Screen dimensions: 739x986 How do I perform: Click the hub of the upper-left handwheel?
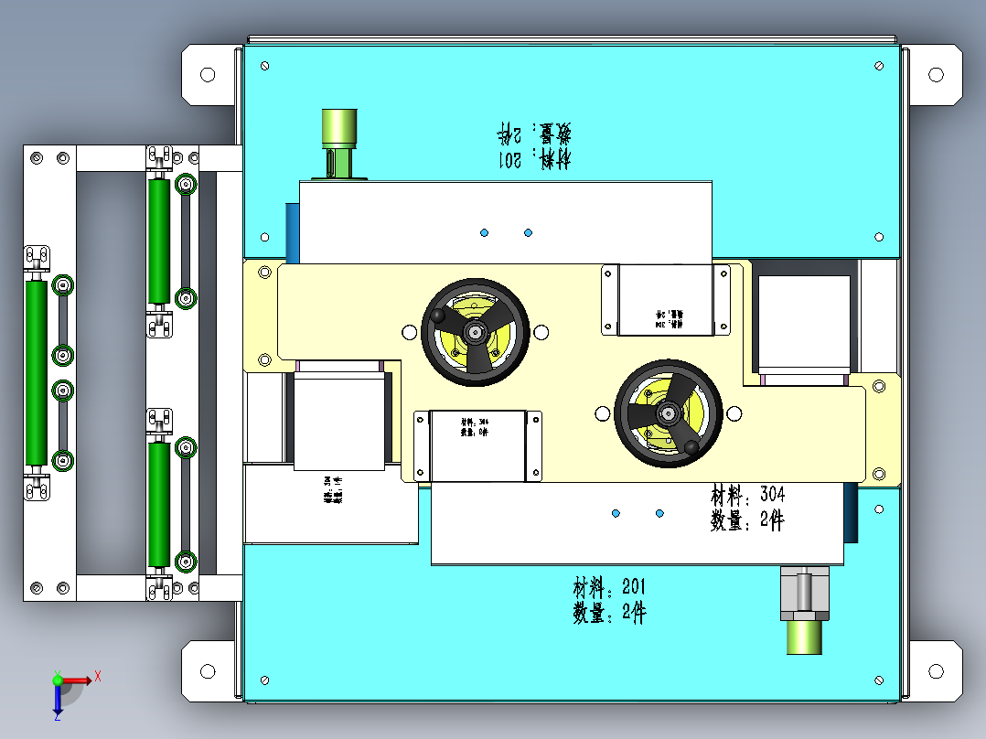tap(475, 331)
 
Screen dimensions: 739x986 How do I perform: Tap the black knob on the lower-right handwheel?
tap(691, 446)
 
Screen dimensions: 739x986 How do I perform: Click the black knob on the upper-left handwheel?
tap(441, 315)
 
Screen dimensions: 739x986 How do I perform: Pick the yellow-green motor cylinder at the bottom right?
tap(805, 637)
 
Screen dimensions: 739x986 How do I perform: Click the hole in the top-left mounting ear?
tap(207, 74)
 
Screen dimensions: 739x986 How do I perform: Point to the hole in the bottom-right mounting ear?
tap(936, 672)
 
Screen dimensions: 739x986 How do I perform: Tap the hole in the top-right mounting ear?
tap(936, 74)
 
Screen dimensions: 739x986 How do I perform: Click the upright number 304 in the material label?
tap(771, 496)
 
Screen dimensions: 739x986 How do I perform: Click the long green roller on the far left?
tap(36, 371)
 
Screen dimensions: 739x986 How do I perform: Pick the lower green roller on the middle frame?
tap(159, 506)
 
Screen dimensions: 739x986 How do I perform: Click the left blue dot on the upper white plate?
tap(484, 233)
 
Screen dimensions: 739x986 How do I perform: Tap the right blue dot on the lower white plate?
tap(659, 514)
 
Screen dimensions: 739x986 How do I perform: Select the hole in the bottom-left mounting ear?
tap(207, 672)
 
